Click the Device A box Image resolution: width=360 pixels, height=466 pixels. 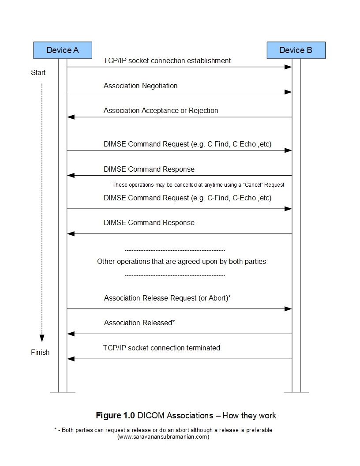click(x=63, y=50)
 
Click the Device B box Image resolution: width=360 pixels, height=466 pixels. click(x=296, y=50)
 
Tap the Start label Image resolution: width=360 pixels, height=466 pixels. click(x=38, y=72)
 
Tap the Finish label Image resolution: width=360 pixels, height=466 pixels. click(x=40, y=352)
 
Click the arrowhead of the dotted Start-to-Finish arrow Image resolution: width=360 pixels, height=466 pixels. click(x=42, y=338)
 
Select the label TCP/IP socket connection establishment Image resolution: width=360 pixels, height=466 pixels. click(x=167, y=60)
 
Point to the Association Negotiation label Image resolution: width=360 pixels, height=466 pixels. click(x=140, y=86)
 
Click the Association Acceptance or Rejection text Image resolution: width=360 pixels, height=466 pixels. click(x=161, y=110)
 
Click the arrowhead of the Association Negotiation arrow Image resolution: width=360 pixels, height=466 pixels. click(x=288, y=92)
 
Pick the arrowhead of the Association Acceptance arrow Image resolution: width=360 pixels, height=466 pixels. click(x=71, y=117)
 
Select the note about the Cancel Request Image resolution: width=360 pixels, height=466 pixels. click(x=198, y=184)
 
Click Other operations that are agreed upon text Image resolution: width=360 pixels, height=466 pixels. click(x=181, y=261)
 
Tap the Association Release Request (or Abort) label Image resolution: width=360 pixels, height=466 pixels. click(x=167, y=298)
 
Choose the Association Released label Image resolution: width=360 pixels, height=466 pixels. click(x=139, y=323)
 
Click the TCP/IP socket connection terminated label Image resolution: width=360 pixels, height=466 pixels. click(x=161, y=348)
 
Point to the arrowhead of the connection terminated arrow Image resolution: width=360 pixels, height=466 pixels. click(x=71, y=359)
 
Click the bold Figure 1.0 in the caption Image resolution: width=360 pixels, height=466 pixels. click(x=116, y=415)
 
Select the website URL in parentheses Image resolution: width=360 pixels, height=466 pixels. click(x=163, y=437)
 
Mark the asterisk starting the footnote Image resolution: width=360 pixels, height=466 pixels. click(x=56, y=430)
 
